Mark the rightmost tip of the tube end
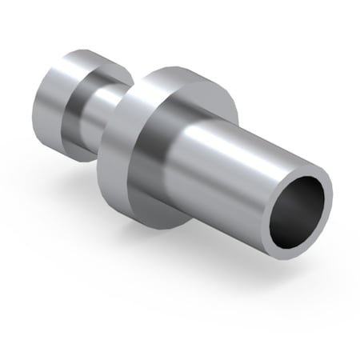point(332,192)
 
